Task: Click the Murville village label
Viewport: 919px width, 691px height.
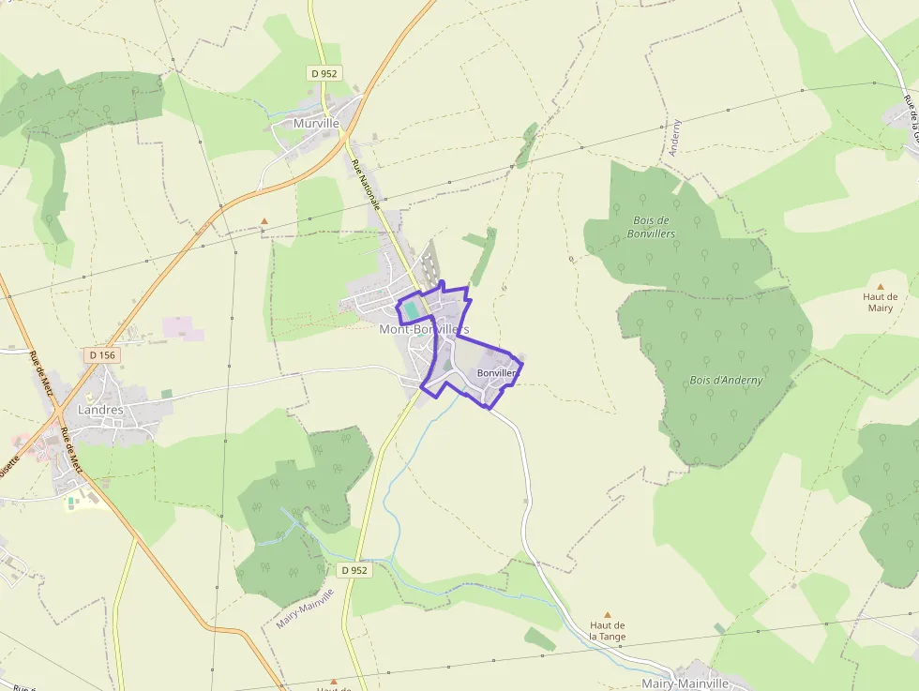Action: coord(315,123)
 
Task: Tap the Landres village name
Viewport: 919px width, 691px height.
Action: coord(100,410)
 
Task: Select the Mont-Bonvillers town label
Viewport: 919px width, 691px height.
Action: coord(424,330)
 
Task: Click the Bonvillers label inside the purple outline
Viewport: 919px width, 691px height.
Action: coord(497,373)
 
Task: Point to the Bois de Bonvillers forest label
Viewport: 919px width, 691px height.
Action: coord(652,227)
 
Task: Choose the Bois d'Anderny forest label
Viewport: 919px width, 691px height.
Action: coord(726,380)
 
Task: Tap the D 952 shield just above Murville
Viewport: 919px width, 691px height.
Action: coord(324,73)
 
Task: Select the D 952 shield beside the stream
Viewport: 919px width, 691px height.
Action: coord(354,570)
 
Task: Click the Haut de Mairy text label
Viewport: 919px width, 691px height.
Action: coord(880,302)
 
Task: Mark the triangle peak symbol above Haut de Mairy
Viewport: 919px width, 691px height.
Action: coord(880,286)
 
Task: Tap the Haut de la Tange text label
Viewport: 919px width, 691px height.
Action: coord(607,631)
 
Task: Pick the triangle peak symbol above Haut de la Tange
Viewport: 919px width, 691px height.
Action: coord(607,614)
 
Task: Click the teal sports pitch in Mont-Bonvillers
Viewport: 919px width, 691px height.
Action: coord(413,310)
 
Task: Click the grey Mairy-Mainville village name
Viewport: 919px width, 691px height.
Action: coord(685,683)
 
